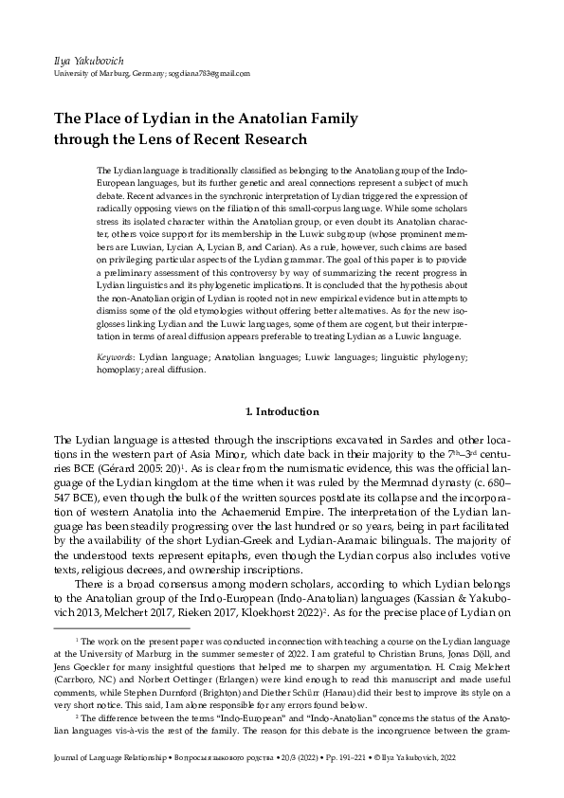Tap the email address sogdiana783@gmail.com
[209, 73]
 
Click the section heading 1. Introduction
[282, 411]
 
